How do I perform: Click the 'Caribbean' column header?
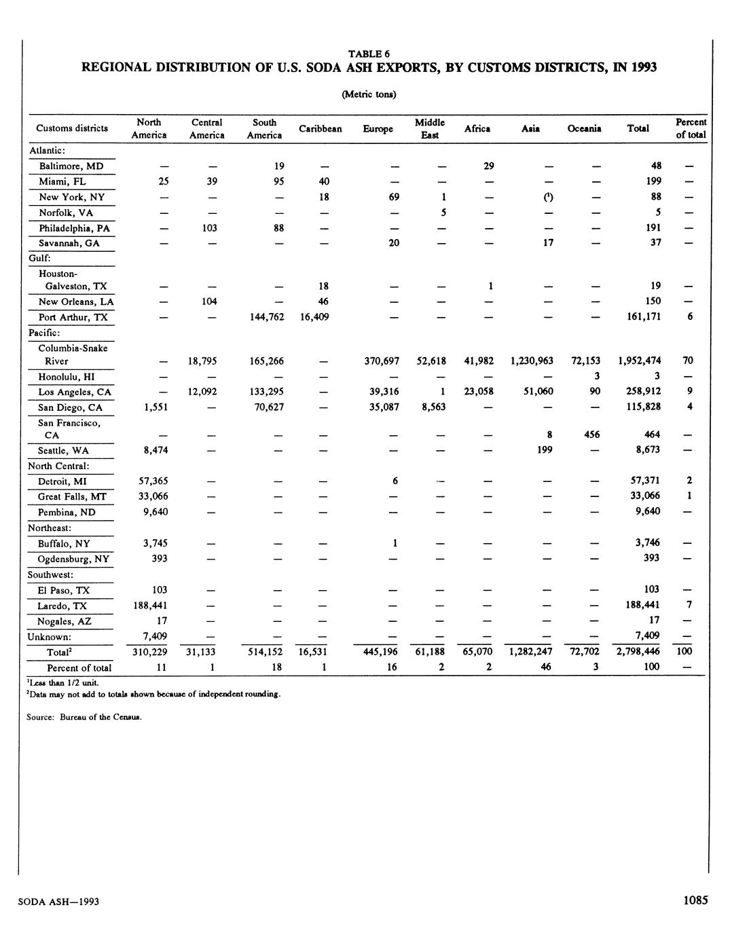[320, 129]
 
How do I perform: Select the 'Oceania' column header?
[584, 129]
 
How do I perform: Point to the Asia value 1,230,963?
[531, 361]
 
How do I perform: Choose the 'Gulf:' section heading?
[38, 259]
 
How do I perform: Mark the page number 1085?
[695, 900]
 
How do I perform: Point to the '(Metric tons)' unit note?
[369, 94]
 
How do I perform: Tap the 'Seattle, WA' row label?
[64, 451]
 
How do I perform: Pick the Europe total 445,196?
[380, 652]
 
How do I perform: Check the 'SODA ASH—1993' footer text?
[59, 902]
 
